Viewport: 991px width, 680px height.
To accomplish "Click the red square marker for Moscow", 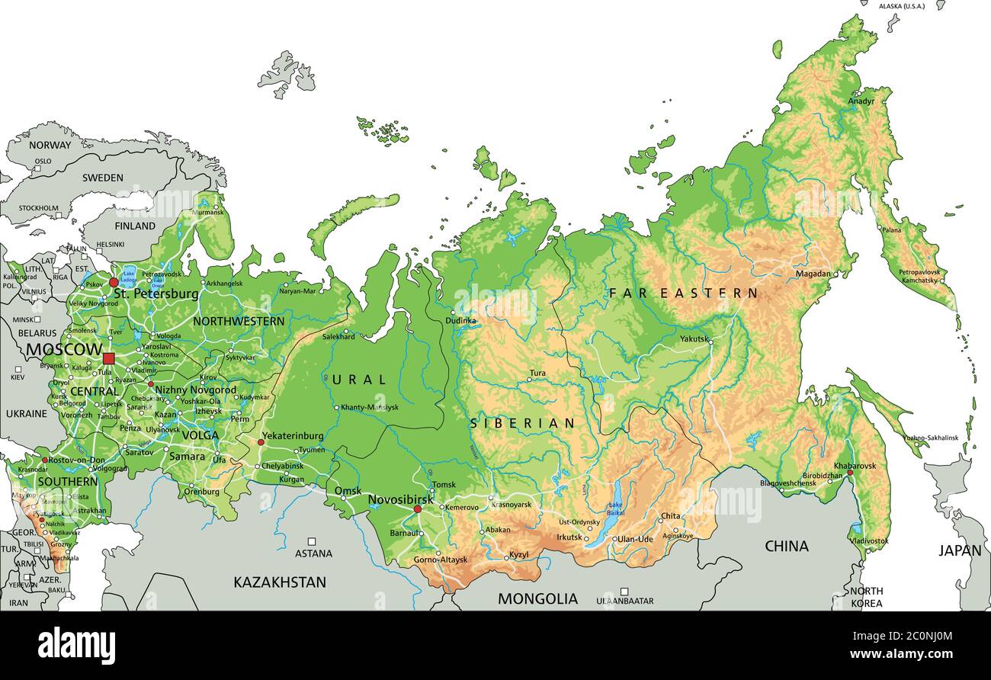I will pos(108,358).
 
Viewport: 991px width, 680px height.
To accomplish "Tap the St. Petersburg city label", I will pos(156,293).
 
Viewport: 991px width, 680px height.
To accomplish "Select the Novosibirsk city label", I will pos(401,499).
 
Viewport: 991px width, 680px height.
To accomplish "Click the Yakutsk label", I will pos(694,338).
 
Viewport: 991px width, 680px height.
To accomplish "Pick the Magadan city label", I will pos(813,274).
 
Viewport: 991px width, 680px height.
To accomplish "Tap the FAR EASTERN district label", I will pos(683,293).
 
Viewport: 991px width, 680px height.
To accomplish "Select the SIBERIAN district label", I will pos(522,422).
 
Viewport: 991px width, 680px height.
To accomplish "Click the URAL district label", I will pos(359,379).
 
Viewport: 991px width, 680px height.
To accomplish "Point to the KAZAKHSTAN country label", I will pos(280,582).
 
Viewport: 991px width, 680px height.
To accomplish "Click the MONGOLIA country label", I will pos(537,598).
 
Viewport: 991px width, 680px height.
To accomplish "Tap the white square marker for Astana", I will pos(313,541).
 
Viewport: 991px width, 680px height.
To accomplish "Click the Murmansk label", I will pos(209,213).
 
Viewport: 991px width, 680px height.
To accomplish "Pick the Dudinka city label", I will pos(460,321).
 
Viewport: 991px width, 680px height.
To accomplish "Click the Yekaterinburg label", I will pos(292,436).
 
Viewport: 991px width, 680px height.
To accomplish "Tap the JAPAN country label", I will pos(959,550).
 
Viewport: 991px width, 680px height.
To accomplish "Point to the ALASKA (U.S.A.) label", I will pos(901,6).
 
